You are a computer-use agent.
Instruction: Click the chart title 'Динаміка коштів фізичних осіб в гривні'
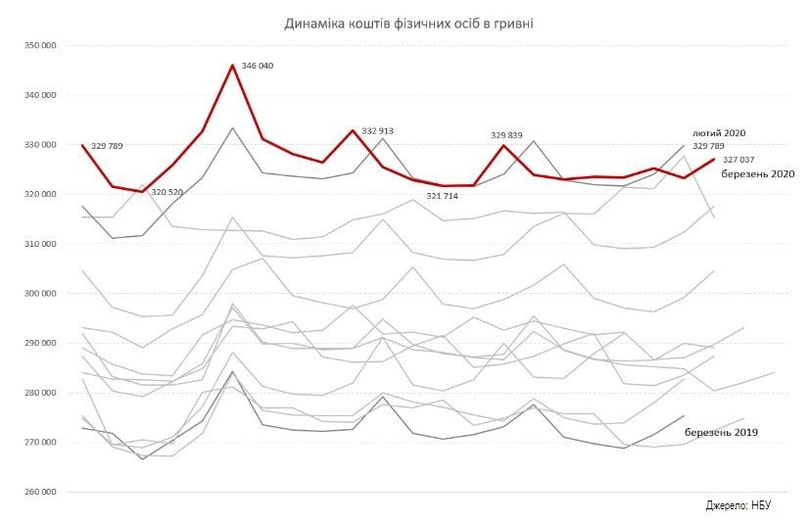pos(408,23)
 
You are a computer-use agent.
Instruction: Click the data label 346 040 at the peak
pos(258,68)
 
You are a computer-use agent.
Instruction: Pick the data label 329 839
pos(507,135)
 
